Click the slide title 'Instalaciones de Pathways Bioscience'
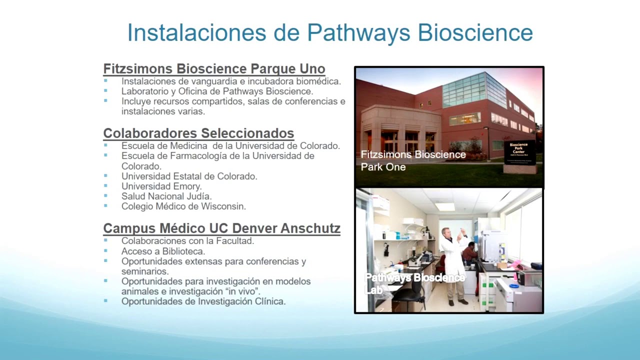[330, 32]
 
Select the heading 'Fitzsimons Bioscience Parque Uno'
[214, 68]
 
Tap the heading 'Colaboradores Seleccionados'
[198, 133]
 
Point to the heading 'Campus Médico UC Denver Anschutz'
[221, 228]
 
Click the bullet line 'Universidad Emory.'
[161, 186]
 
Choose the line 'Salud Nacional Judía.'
[166, 196]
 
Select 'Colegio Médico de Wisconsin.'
[183, 206]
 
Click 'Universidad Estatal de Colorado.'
[189, 176]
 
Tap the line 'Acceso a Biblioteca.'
[163, 251]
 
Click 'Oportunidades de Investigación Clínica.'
[203, 301]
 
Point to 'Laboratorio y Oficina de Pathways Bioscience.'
[217, 91]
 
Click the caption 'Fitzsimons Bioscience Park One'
[413, 160]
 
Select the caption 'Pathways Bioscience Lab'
[414, 283]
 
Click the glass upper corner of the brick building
[473, 90]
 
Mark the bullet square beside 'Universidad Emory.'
[105, 186]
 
